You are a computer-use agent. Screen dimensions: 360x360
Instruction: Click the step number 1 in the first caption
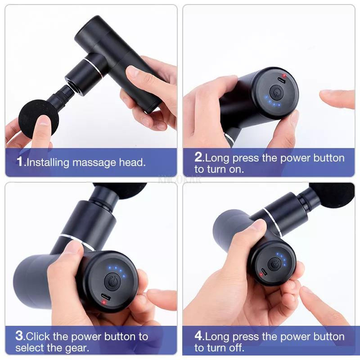(x=20, y=162)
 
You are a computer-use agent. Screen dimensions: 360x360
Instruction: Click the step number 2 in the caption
(x=198, y=158)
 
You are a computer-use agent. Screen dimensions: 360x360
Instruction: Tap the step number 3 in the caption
(x=19, y=336)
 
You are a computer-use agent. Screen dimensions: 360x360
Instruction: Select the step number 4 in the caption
(x=199, y=336)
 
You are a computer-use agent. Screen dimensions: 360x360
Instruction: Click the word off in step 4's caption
(x=237, y=348)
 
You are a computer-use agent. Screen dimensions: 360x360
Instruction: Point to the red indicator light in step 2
(x=283, y=76)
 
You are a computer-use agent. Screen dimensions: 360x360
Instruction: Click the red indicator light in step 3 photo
(x=104, y=302)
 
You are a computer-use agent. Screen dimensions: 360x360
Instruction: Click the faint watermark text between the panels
(x=180, y=179)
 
